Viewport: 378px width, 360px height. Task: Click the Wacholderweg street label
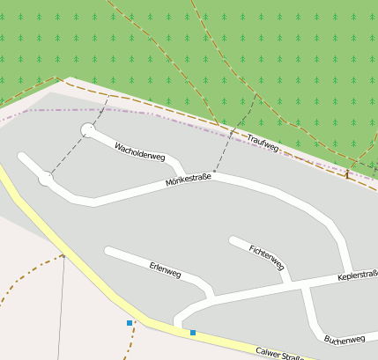pos(140,151)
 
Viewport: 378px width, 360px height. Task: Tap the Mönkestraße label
pos(189,182)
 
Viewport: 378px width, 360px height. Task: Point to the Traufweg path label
pos(263,143)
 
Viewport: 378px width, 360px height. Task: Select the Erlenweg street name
pos(165,269)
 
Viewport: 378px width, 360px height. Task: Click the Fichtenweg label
pos(267,257)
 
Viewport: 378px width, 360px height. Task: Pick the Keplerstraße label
pos(358,276)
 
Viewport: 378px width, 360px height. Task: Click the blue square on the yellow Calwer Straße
pos(193,333)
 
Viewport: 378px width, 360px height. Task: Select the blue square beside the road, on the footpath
pos(130,323)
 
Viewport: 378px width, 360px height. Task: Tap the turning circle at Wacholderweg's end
pos(88,130)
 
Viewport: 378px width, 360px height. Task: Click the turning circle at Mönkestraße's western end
pos(46,179)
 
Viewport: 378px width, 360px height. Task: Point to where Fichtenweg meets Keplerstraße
pos(289,283)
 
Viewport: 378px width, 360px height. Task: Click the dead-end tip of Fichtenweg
pos(233,239)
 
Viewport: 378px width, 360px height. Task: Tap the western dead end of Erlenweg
pos(107,251)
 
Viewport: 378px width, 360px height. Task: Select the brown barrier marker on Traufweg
pos(346,174)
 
